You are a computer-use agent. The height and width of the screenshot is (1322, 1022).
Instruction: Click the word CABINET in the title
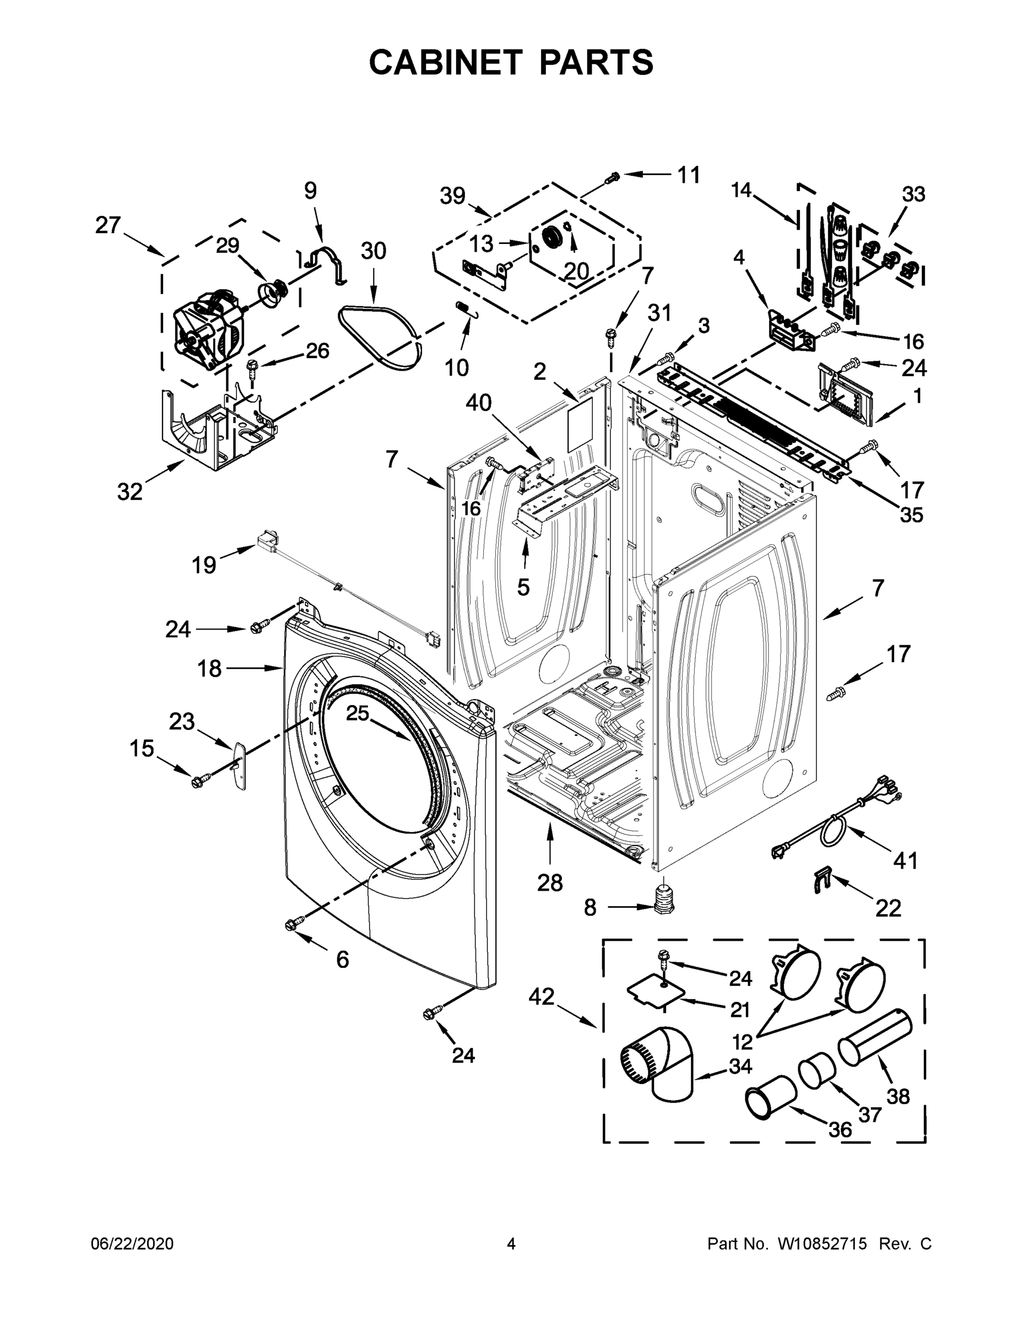(x=446, y=62)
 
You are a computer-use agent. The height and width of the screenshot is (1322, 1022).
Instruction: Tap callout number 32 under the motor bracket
(x=129, y=491)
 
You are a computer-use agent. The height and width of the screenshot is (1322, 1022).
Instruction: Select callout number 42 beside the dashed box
(x=541, y=996)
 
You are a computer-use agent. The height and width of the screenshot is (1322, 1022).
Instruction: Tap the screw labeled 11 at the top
(x=612, y=177)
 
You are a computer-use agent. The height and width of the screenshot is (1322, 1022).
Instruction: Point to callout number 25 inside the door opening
(x=357, y=713)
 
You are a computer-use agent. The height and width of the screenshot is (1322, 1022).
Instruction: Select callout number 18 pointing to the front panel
(x=209, y=669)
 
